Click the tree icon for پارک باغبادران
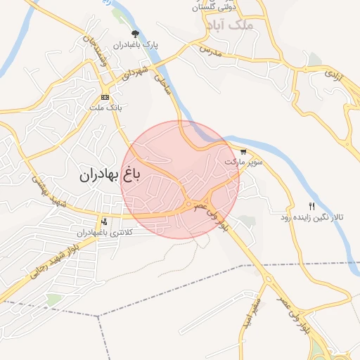click(x=135, y=33)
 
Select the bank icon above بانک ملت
click(x=105, y=97)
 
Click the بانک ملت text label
click(x=105, y=108)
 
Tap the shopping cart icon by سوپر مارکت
click(x=243, y=151)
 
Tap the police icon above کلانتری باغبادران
click(x=105, y=221)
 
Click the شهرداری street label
click(x=134, y=74)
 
